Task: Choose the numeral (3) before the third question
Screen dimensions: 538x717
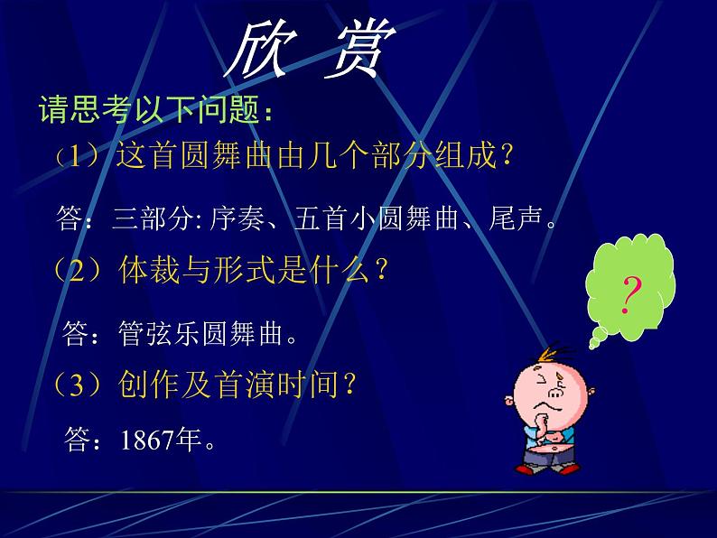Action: [x=81, y=386]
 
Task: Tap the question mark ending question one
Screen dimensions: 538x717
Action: [x=506, y=158]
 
